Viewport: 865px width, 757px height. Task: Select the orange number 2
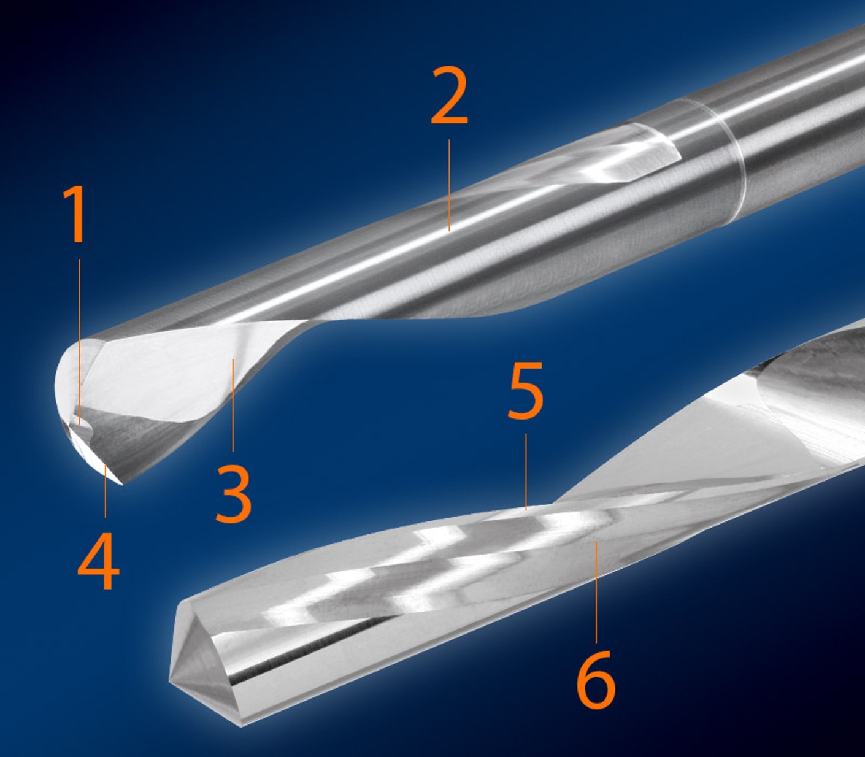(450, 96)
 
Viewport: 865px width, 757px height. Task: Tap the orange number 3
(233, 494)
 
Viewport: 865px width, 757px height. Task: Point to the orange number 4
(99, 561)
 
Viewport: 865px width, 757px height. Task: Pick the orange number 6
(596, 679)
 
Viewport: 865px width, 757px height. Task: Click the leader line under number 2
(449, 185)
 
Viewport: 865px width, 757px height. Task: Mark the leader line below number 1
(79, 342)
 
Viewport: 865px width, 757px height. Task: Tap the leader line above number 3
(233, 405)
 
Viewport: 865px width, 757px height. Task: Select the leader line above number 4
(106, 490)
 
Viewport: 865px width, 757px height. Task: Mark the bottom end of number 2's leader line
(449, 231)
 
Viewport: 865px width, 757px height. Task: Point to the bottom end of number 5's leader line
(526, 510)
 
